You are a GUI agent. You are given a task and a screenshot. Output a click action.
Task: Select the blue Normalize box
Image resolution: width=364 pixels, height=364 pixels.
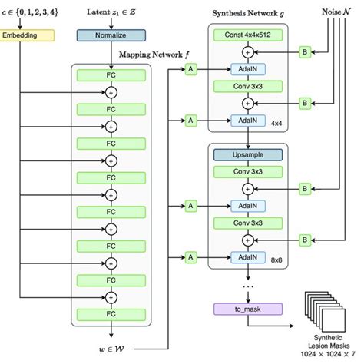click(110, 35)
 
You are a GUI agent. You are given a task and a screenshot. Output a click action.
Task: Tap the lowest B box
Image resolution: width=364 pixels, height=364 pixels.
click(304, 241)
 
